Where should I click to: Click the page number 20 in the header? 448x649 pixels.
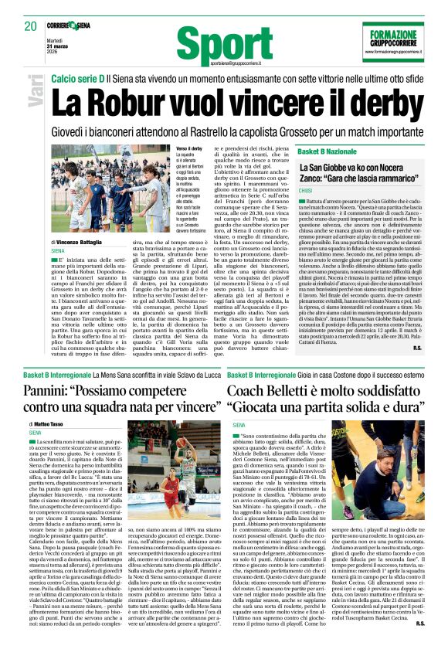(30, 25)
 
